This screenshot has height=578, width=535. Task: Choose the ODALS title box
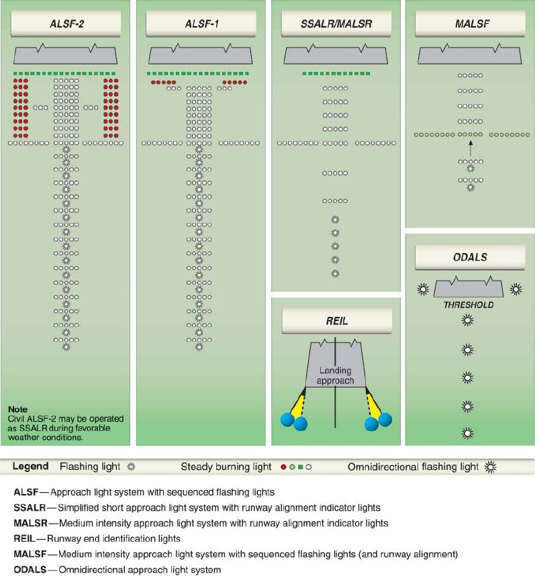(470, 257)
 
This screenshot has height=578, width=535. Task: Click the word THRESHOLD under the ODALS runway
(468, 305)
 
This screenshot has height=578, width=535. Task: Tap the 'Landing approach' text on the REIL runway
(335, 376)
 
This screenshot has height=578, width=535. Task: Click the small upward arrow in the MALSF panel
(470, 145)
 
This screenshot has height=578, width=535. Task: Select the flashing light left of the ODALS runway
(423, 289)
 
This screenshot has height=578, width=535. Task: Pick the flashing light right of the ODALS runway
(516, 289)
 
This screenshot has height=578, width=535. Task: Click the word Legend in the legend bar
(30, 467)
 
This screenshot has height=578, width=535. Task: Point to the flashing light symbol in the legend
(132, 467)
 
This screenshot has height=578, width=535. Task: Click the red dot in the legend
(283, 467)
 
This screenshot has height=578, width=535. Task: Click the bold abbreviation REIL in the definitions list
(24, 538)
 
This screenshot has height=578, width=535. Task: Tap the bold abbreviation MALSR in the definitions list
(31, 523)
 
